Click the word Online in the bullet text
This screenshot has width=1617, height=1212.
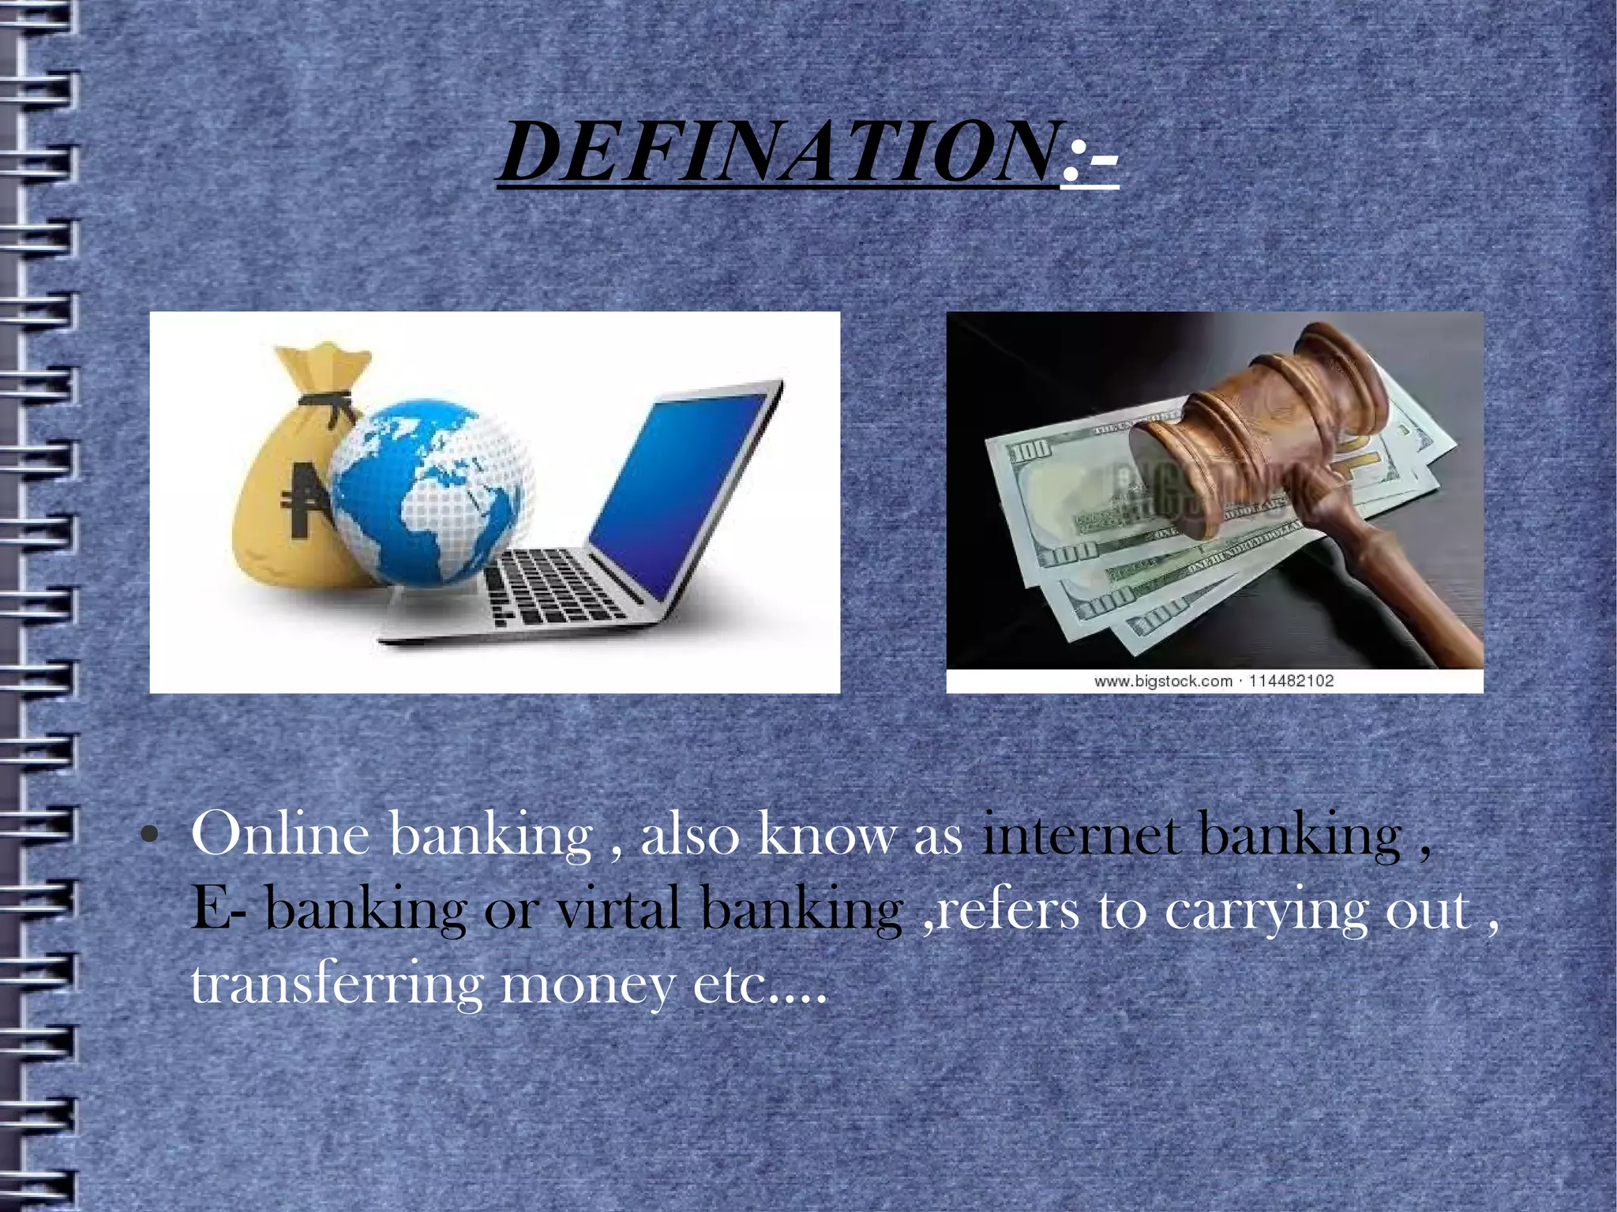[280, 835]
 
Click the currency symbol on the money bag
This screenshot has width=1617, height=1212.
[303, 497]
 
